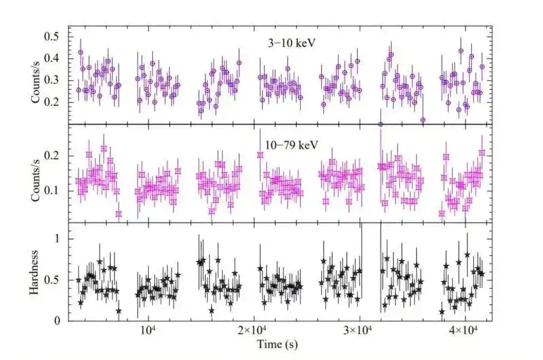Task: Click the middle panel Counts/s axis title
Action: click(x=35, y=177)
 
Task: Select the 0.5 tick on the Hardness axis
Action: click(x=54, y=280)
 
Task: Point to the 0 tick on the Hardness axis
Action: click(x=58, y=321)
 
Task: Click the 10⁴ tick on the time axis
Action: click(x=149, y=331)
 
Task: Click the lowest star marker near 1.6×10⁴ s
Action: click(x=212, y=310)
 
